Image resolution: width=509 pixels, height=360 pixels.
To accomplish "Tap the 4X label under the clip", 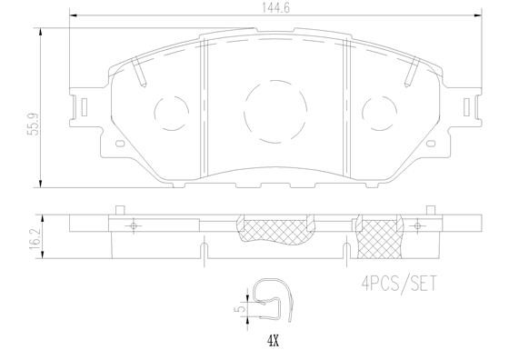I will click(x=272, y=343).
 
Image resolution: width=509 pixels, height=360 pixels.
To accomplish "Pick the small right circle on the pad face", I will click(x=379, y=114).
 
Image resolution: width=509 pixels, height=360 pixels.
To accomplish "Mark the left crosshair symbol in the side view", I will click(x=135, y=225).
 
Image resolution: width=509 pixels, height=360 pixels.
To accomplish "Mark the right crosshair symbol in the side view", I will click(x=416, y=225).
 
